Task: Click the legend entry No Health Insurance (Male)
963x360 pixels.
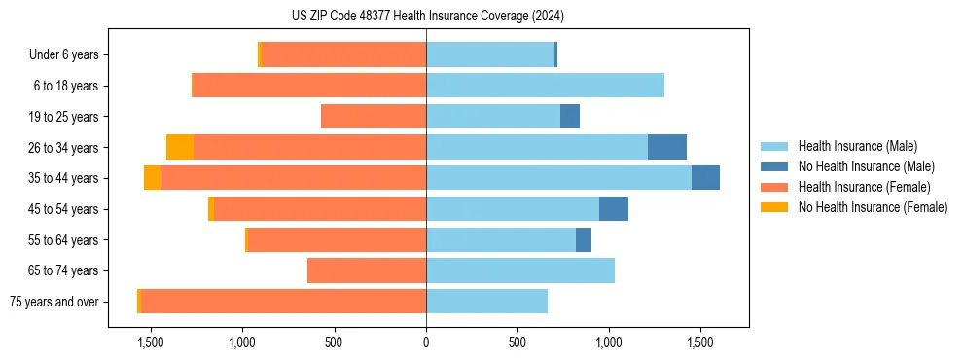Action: coord(866,166)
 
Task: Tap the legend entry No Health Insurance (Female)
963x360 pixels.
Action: coord(873,207)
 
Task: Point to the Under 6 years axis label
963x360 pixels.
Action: coord(63,55)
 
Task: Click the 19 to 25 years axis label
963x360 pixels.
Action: coord(65,117)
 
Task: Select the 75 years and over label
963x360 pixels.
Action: coord(53,302)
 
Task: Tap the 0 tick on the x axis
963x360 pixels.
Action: coord(426,342)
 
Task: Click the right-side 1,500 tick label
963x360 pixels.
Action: coord(700,342)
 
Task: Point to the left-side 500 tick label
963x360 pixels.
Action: coord(334,342)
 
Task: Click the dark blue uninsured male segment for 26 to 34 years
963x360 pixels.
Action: coord(667,147)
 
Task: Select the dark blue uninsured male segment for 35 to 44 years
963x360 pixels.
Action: coord(705,178)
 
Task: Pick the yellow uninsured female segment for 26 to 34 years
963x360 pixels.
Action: coord(180,147)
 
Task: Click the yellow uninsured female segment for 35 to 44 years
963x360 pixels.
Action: coord(152,178)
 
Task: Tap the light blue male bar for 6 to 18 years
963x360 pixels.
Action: coord(545,86)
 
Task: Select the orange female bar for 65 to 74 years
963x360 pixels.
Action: coord(367,270)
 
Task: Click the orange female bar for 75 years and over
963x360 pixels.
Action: coord(283,302)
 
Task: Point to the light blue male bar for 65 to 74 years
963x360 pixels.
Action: coord(520,270)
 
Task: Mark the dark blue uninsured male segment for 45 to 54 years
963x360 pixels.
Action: coord(614,209)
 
